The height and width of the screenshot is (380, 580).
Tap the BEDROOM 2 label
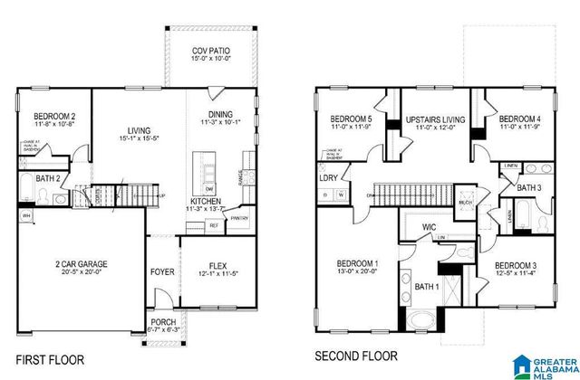tap(54, 117)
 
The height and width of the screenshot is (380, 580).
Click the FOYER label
tap(162, 271)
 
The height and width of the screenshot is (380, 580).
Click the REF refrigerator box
tap(214, 224)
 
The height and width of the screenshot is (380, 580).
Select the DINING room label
tap(220, 115)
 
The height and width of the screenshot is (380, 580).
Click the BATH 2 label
tap(48, 180)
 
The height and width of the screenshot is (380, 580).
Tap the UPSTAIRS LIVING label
tap(435, 119)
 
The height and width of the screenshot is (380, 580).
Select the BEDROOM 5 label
tap(352, 119)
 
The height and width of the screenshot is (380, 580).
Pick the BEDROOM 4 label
tap(520, 119)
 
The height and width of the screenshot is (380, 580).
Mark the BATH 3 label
tap(530, 187)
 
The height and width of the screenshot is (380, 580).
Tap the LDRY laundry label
tap(328, 178)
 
